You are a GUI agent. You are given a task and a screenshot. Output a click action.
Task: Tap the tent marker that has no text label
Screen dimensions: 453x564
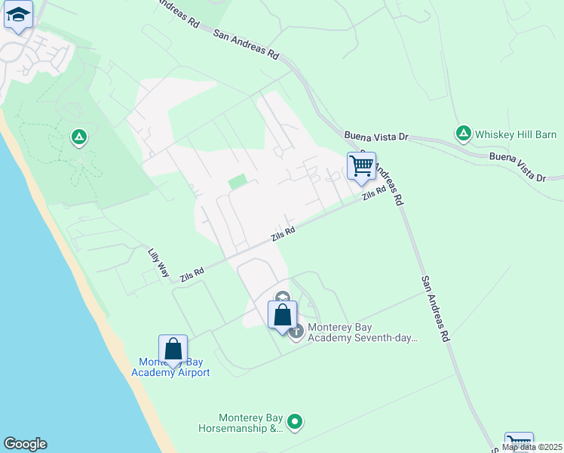pyautogui.click(x=78, y=137)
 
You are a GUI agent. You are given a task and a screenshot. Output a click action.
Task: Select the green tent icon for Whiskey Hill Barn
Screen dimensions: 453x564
pyautogui.click(x=464, y=134)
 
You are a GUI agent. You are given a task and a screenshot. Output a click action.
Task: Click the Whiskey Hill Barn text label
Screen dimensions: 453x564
pyautogui.click(x=516, y=134)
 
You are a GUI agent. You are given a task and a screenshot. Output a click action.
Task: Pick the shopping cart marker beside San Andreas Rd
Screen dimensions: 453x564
pyautogui.click(x=362, y=165)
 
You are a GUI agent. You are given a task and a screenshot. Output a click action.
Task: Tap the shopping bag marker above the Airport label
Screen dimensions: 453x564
pyautogui.click(x=173, y=349)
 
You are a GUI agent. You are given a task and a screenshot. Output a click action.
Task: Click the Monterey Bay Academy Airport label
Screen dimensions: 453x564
pyautogui.click(x=170, y=367)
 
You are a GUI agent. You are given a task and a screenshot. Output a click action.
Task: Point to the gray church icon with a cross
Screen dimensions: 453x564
pyautogui.click(x=296, y=331)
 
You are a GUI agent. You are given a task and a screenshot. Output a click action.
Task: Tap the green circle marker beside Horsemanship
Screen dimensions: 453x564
pyautogui.click(x=296, y=422)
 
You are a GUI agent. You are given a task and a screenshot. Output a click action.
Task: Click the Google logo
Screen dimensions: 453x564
pyautogui.click(x=25, y=444)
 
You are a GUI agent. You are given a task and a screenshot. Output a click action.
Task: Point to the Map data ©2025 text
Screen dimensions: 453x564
pyautogui.click(x=532, y=447)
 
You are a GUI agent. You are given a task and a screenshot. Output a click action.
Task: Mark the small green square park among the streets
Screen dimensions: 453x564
pyautogui.click(x=238, y=182)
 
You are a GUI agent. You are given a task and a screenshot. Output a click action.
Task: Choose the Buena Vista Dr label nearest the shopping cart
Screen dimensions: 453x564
pyautogui.click(x=375, y=137)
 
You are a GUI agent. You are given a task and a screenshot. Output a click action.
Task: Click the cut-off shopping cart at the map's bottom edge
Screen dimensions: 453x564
pyautogui.click(x=519, y=442)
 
